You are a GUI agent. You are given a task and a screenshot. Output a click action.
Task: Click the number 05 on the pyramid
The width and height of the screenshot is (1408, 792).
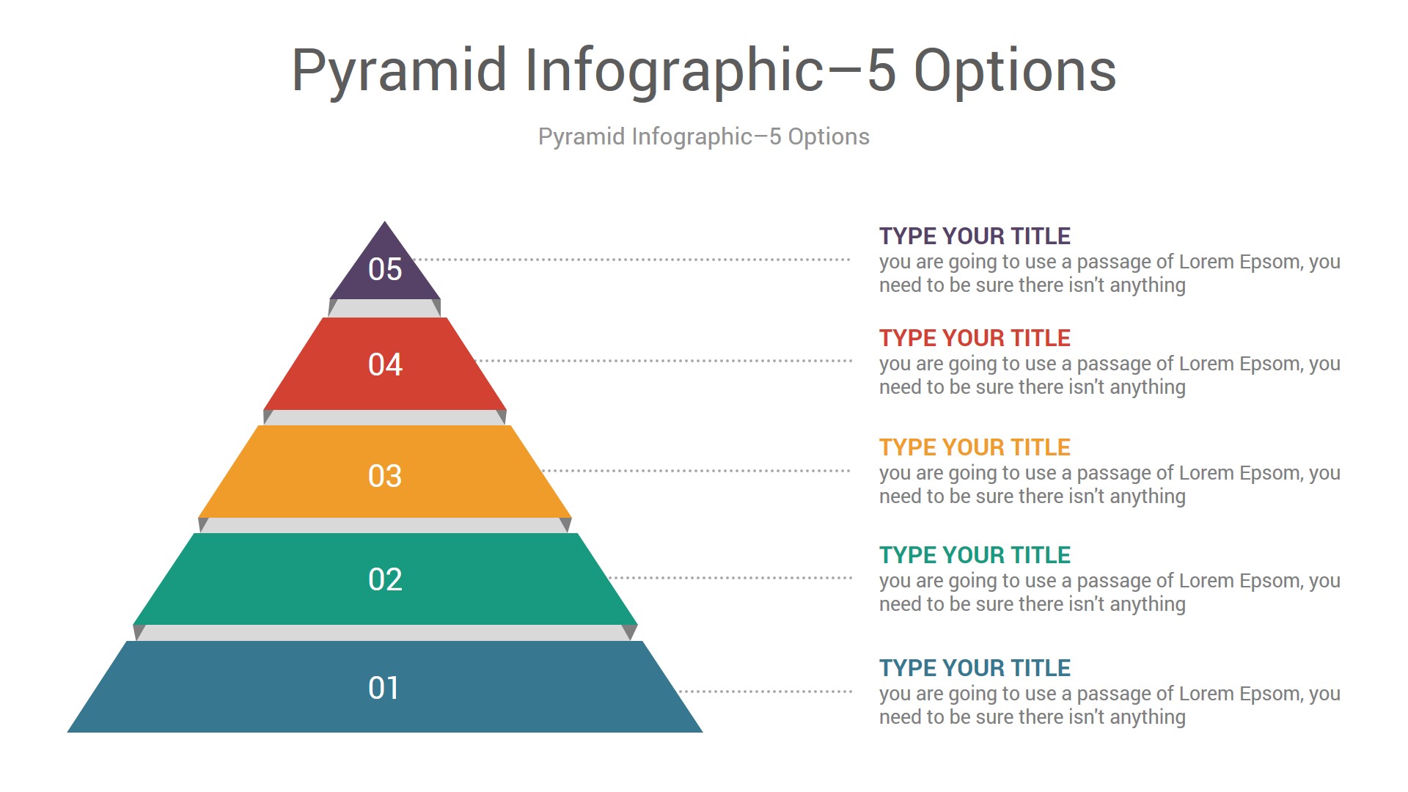385,269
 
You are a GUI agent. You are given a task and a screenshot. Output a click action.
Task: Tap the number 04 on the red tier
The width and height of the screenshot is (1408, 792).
385,364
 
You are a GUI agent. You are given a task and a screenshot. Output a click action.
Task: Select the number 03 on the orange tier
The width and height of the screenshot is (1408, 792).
385,476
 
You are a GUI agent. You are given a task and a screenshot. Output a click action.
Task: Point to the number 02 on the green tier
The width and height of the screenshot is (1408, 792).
385,579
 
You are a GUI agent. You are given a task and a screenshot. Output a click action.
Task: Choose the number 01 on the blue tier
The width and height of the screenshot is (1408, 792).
384,688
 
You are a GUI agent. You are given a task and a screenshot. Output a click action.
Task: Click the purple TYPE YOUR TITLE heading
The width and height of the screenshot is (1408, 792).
975,236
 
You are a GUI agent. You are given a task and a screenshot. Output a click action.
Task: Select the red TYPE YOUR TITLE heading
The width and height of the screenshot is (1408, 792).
975,338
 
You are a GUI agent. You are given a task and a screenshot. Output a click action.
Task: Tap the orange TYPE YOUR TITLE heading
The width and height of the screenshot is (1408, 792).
975,447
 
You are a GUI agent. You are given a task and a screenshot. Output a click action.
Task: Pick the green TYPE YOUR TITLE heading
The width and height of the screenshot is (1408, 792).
975,555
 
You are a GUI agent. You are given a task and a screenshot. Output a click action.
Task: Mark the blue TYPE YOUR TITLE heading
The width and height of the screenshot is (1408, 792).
975,668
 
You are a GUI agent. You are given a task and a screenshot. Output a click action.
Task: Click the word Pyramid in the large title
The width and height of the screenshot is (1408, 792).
400,72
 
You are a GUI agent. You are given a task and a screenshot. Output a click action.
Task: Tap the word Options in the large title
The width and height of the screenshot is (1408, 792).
1015,70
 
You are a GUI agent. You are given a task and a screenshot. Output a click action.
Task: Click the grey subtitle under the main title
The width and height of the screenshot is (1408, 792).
704,137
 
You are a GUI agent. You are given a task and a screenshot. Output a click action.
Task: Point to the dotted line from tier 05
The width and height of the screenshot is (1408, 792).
631,260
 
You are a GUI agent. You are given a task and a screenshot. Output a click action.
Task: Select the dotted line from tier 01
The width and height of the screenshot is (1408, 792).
765,692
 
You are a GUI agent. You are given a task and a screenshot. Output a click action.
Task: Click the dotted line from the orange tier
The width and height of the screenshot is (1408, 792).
696,471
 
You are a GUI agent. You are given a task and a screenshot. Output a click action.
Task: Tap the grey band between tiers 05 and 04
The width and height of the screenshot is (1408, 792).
385,308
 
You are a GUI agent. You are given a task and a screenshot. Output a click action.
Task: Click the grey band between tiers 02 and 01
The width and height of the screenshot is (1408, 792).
385,633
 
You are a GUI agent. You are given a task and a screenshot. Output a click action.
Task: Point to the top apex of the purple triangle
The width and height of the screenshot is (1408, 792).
385,221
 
